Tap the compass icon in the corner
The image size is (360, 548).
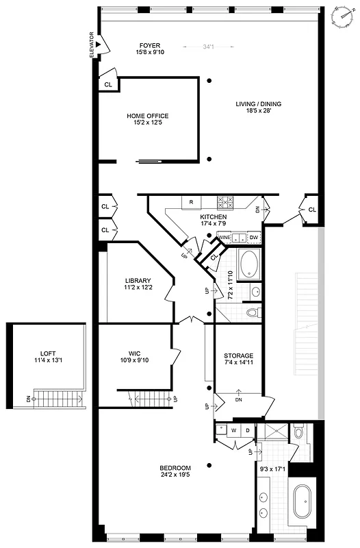[x=341, y=14]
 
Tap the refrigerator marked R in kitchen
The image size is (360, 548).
[x=191, y=202]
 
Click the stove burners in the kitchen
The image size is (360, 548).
[x=225, y=202]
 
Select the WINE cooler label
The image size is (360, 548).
[x=224, y=237]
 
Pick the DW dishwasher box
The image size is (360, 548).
[x=253, y=237]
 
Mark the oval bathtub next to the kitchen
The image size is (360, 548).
[x=248, y=262]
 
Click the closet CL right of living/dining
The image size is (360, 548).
[x=311, y=210]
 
